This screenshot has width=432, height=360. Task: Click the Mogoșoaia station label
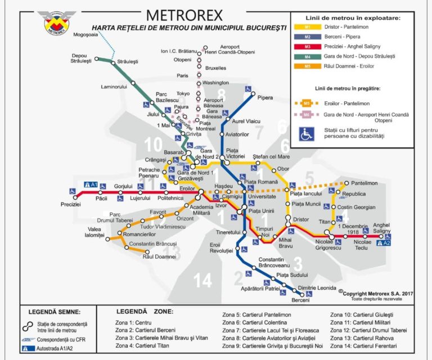85,34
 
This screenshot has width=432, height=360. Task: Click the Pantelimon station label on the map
364,183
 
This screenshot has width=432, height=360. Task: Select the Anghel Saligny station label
381,228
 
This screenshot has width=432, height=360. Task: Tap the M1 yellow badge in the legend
307,27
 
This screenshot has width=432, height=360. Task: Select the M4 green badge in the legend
307,56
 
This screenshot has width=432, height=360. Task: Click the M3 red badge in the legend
307,47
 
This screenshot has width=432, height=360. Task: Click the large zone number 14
202,280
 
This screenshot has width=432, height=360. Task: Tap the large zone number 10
153,146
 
